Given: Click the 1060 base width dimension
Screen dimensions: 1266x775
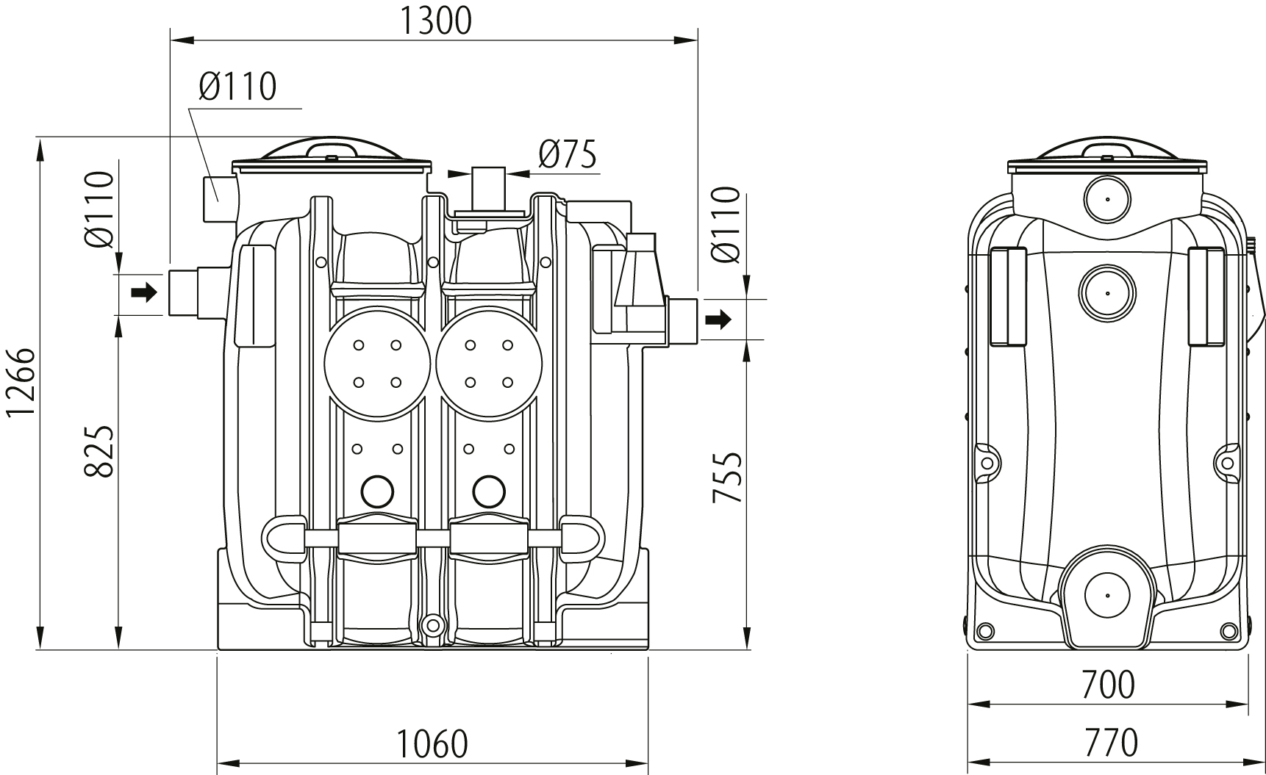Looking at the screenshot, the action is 432,743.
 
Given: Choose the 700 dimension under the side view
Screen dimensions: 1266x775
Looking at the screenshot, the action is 1108,685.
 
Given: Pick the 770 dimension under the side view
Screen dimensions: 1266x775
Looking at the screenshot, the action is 1110,743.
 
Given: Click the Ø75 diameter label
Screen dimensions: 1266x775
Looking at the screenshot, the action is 568,154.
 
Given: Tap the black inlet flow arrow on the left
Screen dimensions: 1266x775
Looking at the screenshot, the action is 144,292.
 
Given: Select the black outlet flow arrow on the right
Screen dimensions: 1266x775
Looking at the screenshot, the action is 718,319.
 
